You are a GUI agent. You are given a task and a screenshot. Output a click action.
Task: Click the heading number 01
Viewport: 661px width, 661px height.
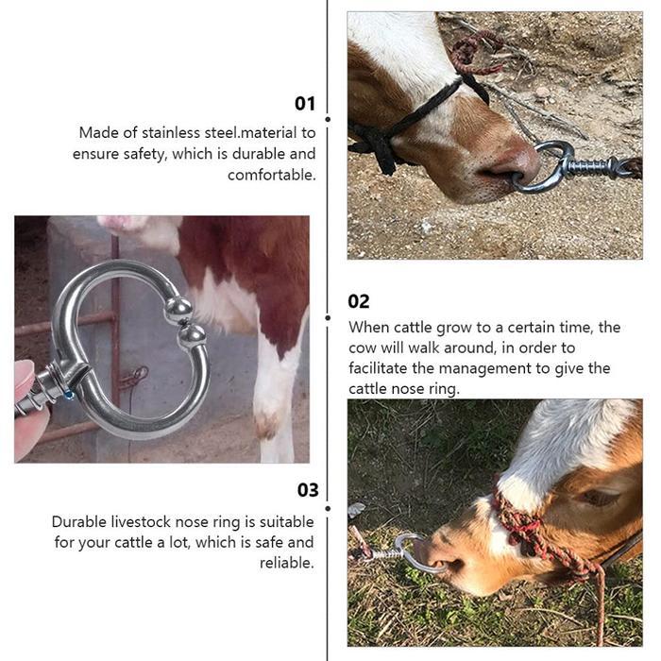305,104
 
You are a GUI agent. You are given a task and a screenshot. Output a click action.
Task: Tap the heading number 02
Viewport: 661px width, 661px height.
359,301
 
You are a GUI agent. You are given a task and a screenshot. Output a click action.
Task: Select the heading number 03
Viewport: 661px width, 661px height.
308,490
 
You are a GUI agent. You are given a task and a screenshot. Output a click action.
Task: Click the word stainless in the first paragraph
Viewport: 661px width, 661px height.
171,133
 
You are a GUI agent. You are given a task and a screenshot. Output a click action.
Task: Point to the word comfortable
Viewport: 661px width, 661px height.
272,175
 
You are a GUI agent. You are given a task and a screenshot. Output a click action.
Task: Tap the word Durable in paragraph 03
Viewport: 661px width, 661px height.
79,522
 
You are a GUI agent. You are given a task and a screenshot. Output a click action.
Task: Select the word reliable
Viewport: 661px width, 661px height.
287,563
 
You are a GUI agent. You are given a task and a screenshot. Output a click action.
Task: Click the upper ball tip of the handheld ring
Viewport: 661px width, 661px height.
178,310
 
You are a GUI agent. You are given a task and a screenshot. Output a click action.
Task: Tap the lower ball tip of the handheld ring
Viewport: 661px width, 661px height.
193,336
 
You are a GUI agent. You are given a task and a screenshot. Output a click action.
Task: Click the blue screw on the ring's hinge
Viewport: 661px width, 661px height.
69,395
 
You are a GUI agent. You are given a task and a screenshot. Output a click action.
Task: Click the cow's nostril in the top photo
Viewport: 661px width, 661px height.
498,172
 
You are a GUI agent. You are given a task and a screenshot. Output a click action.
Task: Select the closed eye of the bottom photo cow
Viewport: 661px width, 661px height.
599,497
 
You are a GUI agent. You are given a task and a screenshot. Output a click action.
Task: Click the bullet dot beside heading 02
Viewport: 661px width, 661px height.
328,318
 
